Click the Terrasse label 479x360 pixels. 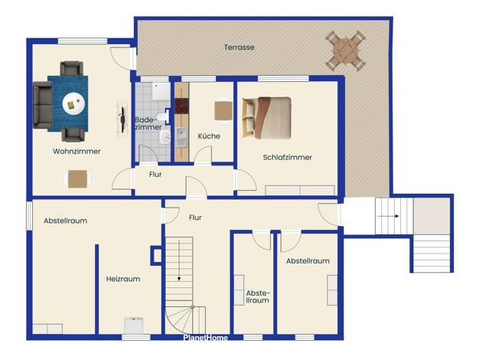(239, 47)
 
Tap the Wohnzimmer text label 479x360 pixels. (77, 151)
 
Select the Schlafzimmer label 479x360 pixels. (288, 157)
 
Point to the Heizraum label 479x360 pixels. (123, 279)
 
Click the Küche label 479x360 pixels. (209, 136)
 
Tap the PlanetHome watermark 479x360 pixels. (206, 338)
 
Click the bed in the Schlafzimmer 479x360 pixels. (266, 118)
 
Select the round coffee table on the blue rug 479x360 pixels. (73, 103)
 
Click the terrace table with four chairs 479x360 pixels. (346, 51)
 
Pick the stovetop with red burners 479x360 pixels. (182, 106)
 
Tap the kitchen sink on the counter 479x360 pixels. (181, 137)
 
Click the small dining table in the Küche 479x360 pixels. (223, 111)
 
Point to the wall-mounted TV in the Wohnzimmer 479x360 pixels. (122, 119)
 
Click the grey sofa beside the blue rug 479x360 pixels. (42, 105)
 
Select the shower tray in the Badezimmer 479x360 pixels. (161, 91)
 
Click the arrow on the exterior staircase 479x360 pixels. (388, 216)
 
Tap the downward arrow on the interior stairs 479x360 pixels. (179, 260)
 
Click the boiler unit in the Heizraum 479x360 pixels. (134, 326)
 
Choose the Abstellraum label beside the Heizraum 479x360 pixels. (65, 221)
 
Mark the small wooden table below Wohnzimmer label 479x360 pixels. (77, 179)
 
